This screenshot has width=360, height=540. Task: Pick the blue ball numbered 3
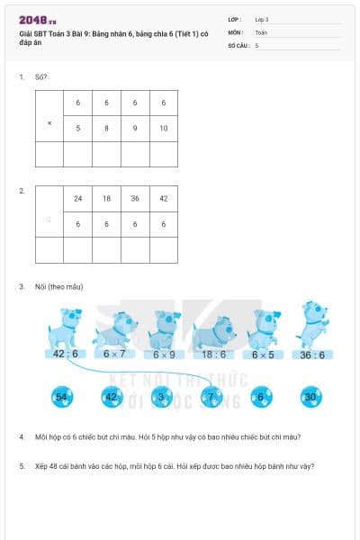pyautogui.click(x=162, y=396)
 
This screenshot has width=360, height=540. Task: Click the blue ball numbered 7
pyautogui.click(x=211, y=396)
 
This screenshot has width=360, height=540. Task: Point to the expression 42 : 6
pyautogui.click(x=66, y=354)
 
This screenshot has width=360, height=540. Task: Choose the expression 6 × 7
pyautogui.click(x=115, y=354)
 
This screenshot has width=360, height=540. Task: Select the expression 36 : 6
pyautogui.click(x=311, y=354)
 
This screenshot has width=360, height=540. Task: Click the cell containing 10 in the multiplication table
pyautogui.click(x=163, y=128)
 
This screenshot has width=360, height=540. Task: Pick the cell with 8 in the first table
pyautogui.click(x=106, y=128)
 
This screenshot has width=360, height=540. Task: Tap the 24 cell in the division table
pyautogui.click(x=78, y=199)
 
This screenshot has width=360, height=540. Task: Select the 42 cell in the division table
pyautogui.click(x=163, y=199)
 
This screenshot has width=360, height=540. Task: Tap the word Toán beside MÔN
pyautogui.click(x=261, y=31)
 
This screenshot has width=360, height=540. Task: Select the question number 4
pyautogui.click(x=22, y=437)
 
